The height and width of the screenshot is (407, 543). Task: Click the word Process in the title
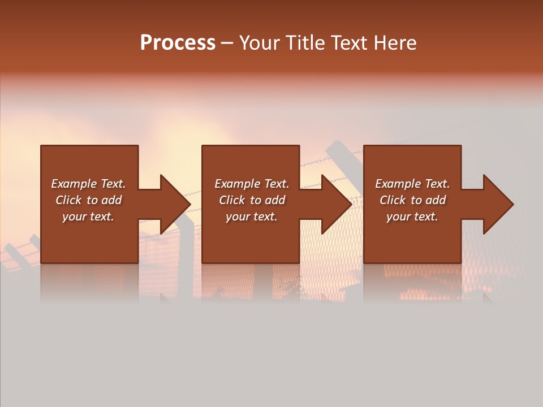click(178, 43)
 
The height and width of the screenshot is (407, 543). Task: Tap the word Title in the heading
click(304, 43)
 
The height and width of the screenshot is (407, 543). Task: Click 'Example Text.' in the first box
click(88, 184)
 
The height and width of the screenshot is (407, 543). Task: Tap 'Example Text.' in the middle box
click(252, 184)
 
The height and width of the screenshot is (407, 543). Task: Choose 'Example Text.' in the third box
click(412, 184)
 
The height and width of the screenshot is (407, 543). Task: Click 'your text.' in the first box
click(88, 217)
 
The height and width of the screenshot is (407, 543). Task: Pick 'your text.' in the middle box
click(252, 217)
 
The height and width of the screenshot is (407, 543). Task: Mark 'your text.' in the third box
click(412, 217)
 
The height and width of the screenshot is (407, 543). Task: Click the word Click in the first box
click(68, 200)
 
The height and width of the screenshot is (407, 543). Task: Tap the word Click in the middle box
click(232, 200)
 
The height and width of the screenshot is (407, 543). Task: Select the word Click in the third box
click(393, 200)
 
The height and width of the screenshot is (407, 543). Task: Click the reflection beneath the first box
click(89, 283)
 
